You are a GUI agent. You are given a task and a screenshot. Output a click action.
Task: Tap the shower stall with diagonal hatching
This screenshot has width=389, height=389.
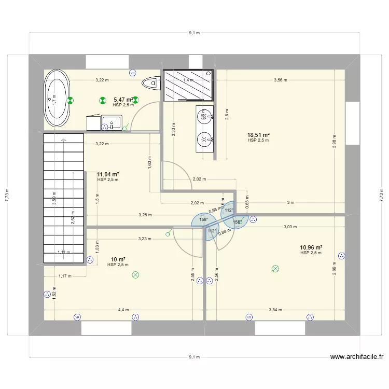point(188,85)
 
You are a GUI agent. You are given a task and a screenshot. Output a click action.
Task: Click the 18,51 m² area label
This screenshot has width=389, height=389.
point(259,134)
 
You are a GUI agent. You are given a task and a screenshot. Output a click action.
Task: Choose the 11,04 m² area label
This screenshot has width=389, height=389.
point(108,174)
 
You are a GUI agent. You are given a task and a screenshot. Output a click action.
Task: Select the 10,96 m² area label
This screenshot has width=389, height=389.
point(311,247)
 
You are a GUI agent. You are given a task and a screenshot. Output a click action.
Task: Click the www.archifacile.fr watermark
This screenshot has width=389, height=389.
point(357,357)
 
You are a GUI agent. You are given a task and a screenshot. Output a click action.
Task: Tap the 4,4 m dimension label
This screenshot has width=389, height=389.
point(123,310)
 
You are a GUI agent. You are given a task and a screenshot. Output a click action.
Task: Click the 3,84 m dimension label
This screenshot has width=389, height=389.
point(275,310)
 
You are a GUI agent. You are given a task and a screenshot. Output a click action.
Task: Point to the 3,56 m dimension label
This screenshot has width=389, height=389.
point(281,80)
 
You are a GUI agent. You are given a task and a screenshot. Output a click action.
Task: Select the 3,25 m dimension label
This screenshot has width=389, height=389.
point(145,214)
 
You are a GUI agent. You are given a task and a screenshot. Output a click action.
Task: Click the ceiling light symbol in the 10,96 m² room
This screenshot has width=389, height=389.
point(275,269)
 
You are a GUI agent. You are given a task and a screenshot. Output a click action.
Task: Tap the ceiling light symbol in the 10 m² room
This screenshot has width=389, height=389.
point(136,275)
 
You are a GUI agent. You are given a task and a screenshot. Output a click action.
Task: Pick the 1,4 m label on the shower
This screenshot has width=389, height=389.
point(188,80)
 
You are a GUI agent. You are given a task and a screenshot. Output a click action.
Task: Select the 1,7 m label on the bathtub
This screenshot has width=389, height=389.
point(52,99)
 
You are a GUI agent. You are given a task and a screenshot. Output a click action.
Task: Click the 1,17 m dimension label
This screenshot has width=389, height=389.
point(65,277)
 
